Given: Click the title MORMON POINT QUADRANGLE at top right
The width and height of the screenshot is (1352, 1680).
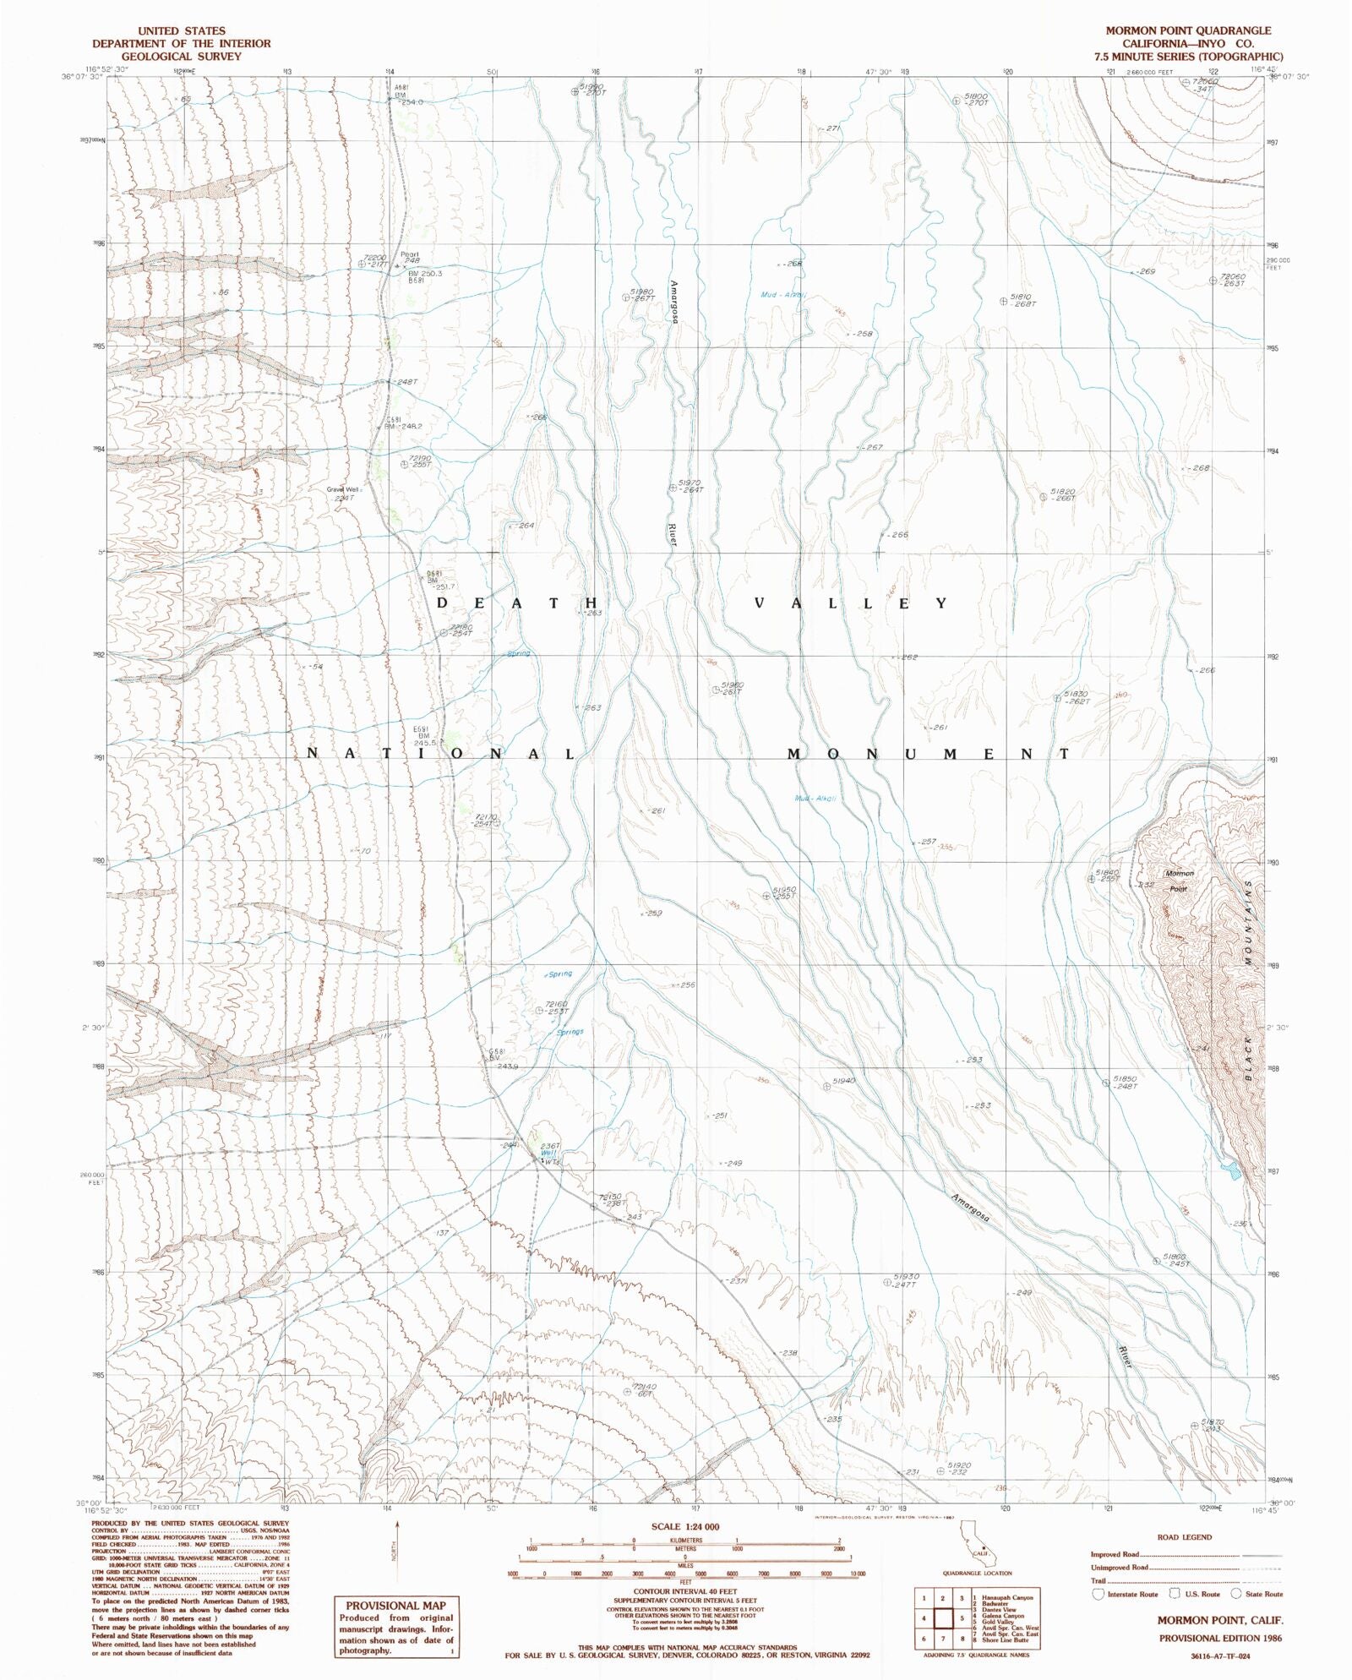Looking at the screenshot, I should [x=1188, y=30].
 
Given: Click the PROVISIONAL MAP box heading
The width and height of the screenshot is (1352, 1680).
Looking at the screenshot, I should [x=395, y=1606].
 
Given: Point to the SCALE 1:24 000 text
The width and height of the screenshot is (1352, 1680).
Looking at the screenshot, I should [x=685, y=1526].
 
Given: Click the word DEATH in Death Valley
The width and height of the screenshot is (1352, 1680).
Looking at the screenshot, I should [x=518, y=603].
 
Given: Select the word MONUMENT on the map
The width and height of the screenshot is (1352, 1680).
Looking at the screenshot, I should [x=928, y=754].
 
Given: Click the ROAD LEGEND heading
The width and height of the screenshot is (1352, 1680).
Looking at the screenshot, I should [x=1185, y=1537].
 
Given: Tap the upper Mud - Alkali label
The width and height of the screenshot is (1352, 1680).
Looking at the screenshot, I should [x=783, y=295].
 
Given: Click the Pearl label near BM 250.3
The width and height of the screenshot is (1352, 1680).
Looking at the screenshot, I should [x=409, y=254].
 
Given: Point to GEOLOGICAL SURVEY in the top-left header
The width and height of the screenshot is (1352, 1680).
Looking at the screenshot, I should [x=181, y=57].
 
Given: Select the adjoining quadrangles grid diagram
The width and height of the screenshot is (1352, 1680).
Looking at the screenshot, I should [x=942, y=1618].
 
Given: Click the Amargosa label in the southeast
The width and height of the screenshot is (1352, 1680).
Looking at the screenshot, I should [x=970, y=1208].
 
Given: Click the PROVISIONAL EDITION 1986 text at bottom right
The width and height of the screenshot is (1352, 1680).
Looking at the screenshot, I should [x=1219, y=1638].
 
